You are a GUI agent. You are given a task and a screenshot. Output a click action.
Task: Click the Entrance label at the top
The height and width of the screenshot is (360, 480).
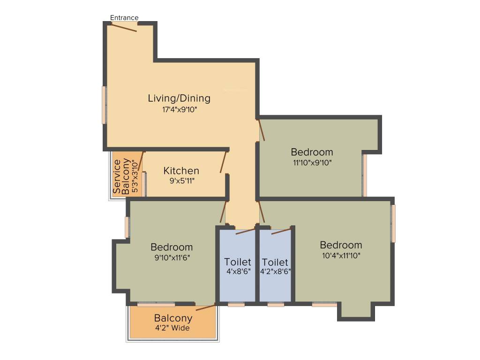tap(124, 18)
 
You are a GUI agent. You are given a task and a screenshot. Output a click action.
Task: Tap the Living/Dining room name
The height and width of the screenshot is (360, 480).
tap(179, 98)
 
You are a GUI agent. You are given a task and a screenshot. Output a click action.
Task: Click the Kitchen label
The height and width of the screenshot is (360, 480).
tap(181, 171)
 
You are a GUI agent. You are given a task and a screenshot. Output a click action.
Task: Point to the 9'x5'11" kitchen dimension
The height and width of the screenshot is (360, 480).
tap(181, 180)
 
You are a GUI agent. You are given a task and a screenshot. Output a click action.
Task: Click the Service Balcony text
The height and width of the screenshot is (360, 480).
tap(121, 177)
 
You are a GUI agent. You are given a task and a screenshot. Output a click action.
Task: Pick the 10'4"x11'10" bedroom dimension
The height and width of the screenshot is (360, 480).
tap(341, 255)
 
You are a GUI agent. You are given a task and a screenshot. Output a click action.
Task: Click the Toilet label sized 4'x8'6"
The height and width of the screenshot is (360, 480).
tap(238, 262)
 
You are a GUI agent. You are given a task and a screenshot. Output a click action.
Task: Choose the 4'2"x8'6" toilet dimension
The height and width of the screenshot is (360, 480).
tap(275, 270)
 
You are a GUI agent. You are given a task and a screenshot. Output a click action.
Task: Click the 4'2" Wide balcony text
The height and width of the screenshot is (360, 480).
tap(172, 328)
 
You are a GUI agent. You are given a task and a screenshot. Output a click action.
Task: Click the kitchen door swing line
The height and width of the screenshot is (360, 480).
tap(224, 162)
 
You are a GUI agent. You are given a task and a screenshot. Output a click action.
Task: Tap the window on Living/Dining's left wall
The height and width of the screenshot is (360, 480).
tap(105, 105)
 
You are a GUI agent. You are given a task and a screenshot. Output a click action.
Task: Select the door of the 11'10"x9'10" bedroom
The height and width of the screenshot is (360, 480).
tap(262, 130)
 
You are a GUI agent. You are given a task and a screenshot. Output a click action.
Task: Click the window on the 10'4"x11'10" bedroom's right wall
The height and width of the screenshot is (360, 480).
tap(393, 224)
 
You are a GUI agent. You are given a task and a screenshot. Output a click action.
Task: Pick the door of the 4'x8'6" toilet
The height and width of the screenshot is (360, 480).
tap(245, 231)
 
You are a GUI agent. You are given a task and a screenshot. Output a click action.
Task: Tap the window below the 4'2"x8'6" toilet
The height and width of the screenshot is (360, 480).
tap(276, 304)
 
